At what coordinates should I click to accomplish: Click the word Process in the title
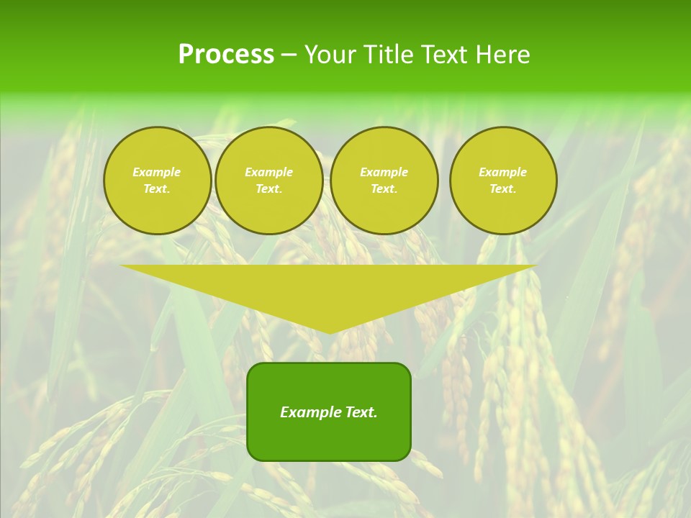(x=226, y=55)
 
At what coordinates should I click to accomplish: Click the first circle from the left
(x=157, y=181)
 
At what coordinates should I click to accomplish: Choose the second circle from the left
(x=268, y=181)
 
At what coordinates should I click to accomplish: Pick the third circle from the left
(x=384, y=181)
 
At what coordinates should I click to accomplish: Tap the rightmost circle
(x=503, y=181)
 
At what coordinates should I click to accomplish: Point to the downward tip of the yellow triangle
(x=329, y=332)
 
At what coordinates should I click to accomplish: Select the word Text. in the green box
(x=361, y=412)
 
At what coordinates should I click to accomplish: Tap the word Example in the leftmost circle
(x=157, y=172)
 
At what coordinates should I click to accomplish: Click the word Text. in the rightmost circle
(x=503, y=189)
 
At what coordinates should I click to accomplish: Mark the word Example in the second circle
(x=268, y=172)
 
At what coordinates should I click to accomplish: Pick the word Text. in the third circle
(x=384, y=189)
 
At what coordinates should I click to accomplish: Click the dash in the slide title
(x=289, y=55)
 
